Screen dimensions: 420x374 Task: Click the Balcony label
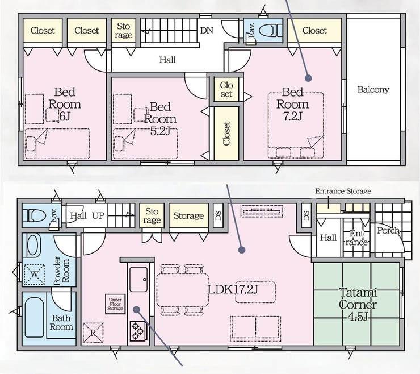click(x=373, y=89)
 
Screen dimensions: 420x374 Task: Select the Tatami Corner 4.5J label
click(x=358, y=305)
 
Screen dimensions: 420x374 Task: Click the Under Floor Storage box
click(x=115, y=304)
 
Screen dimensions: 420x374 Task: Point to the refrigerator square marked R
click(x=93, y=333)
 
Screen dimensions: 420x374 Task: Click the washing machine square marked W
click(x=34, y=275)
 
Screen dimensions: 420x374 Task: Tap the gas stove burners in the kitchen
click(x=137, y=330)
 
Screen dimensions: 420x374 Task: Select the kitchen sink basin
click(x=138, y=279)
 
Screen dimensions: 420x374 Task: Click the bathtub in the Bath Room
click(x=34, y=317)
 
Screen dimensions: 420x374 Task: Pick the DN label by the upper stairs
click(x=207, y=30)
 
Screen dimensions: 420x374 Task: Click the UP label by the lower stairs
click(x=98, y=215)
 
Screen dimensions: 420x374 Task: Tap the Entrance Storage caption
click(x=343, y=191)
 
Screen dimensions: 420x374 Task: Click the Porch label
click(x=388, y=230)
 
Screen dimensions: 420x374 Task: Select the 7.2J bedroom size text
click(x=293, y=116)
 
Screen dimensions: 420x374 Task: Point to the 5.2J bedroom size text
click(x=160, y=131)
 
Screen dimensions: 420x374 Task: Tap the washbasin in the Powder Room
click(x=33, y=245)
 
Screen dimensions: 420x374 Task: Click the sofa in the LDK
click(x=255, y=329)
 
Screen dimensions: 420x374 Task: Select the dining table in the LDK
click(x=182, y=290)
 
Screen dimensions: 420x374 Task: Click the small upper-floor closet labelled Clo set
click(x=226, y=89)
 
